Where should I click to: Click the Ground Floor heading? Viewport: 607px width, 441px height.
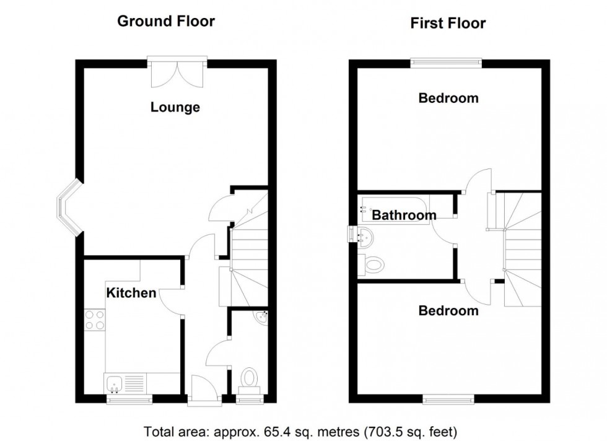click(x=166, y=22)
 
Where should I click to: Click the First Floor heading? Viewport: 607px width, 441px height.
click(x=448, y=24)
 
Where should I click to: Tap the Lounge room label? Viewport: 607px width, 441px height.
click(x=175, y=107)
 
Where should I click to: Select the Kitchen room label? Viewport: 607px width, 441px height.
click(x=131, y=292)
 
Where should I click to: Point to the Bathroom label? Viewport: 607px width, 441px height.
click(x=404, y=216)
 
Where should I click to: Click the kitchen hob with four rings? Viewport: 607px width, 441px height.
click(x=94, y=319)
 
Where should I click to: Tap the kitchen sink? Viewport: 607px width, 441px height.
click(x=115, y=383)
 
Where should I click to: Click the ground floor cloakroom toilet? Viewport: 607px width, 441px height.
click(x=250, y=378)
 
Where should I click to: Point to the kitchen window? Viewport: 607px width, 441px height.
click(x=129, y=400)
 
